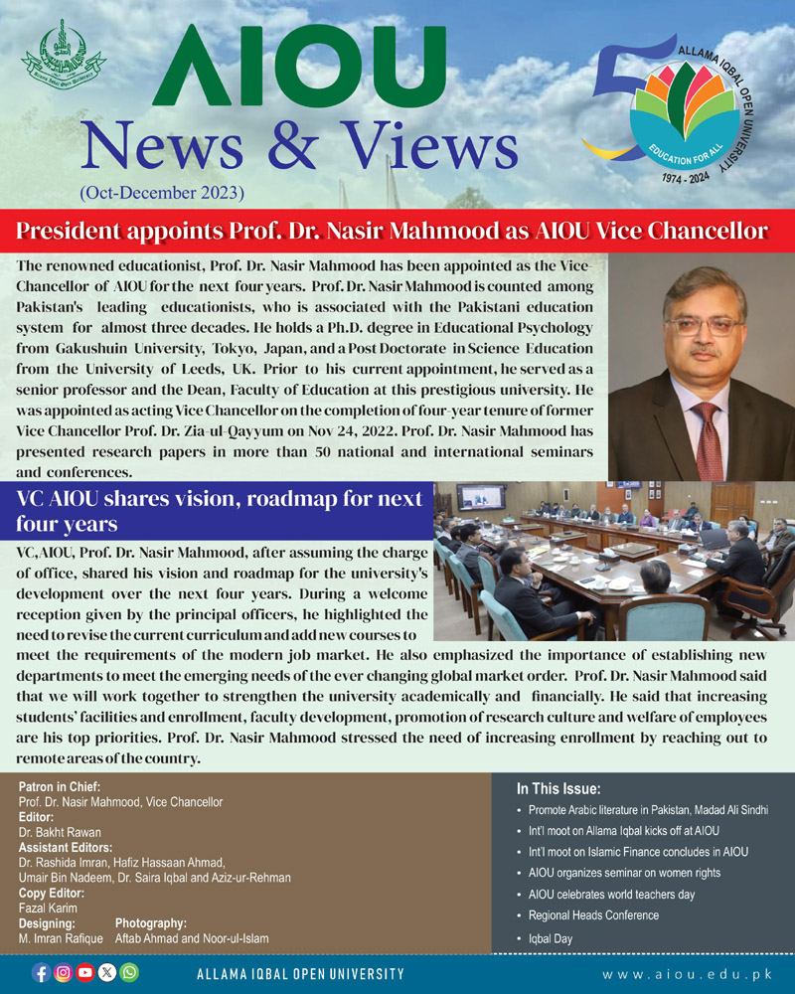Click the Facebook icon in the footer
(x=41, y=972)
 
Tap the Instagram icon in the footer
(x=63, y=972)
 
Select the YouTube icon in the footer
(x=85, y=972)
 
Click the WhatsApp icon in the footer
(x=129, y=972)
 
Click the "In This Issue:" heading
(x=557, y=789)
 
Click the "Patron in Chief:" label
(x=59, y=787)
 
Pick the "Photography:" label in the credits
(x=151, y=923)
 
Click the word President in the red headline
(x=68, y=232)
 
